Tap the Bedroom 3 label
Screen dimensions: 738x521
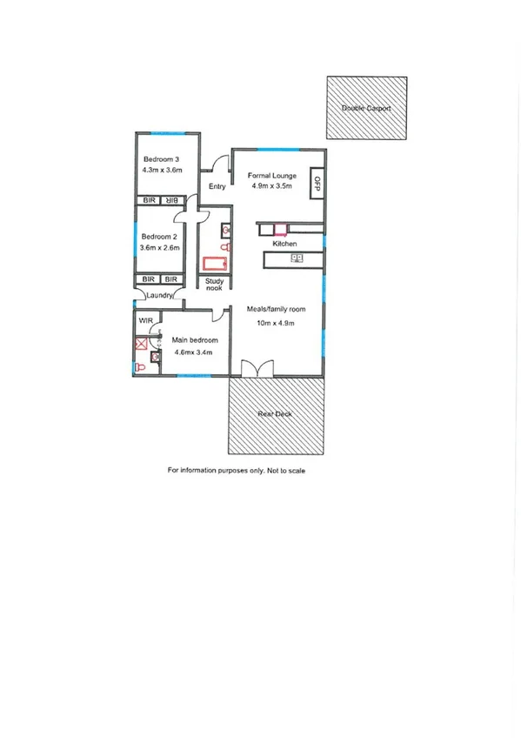pos(161,159)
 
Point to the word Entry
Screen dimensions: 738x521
pos(217,185)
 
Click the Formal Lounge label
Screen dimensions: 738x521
pos(270,174)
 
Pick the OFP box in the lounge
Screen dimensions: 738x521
pos(317,183)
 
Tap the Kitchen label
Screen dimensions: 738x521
pos(284,244)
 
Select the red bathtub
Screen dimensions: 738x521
pos(214,264)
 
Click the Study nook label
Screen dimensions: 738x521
pos(214,284)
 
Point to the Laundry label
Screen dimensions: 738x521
pos(161,296)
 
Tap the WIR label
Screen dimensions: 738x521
pos(145,320)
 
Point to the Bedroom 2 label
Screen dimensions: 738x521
pos(159,237)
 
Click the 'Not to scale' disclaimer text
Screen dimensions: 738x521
pos(285,470)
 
